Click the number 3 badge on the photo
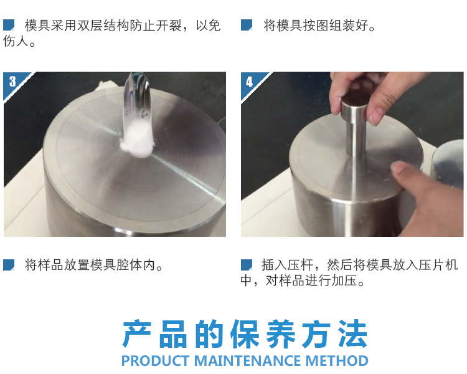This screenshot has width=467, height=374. (12, 82)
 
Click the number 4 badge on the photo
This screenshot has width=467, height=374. (250, 82)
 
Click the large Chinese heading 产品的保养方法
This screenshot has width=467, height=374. (245, 335)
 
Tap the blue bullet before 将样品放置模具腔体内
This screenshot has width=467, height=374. (9, 265)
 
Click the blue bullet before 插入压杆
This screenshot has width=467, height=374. (247, 265)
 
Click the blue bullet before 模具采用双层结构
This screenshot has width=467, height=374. (9, 25)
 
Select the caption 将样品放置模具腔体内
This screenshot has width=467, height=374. (93, 266)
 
